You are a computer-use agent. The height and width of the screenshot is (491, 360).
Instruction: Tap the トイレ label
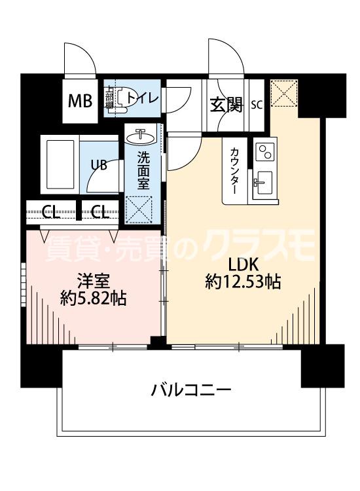142,99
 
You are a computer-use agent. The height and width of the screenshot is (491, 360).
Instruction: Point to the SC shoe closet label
257,104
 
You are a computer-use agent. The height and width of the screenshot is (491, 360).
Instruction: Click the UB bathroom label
98,165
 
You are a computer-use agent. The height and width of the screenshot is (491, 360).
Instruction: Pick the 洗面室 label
143,170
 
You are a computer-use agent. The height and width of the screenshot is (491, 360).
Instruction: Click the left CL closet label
49,211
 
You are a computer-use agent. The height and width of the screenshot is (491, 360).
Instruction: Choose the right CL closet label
99,211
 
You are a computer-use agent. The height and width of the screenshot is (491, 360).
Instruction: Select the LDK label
243,264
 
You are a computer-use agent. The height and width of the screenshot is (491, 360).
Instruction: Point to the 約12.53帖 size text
243,283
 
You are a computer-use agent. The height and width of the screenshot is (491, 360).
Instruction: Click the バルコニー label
191,390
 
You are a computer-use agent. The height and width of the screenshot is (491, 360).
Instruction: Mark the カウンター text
234,170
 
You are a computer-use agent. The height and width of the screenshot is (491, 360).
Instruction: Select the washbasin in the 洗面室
142,136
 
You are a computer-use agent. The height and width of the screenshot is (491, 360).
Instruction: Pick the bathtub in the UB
60,164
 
